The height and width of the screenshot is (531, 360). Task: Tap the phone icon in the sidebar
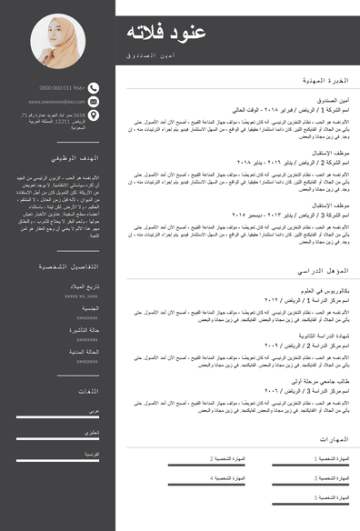click(x=95, y=88)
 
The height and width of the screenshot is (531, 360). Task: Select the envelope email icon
click(x=95, y=102)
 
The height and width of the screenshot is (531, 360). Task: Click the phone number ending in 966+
click(x=62, y=88)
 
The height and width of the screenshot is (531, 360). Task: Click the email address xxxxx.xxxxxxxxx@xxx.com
click(x=56, y=102)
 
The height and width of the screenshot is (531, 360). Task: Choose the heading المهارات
click(x=335, y=440)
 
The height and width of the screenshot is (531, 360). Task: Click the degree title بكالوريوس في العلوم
click(x=323, y=290)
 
